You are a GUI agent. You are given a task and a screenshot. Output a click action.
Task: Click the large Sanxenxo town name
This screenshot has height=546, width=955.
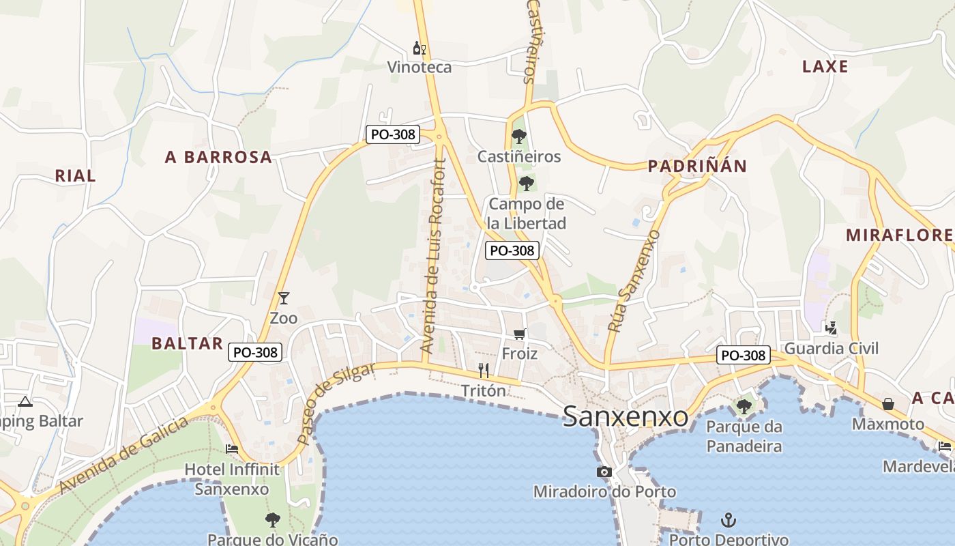point(626,416)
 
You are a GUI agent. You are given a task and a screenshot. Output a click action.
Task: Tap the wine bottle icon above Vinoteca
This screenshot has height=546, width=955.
point(420,48)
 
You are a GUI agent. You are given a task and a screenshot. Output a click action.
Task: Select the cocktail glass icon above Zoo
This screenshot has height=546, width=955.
point(284,298)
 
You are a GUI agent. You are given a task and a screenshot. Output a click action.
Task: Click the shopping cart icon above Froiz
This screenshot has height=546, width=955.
point(520,334)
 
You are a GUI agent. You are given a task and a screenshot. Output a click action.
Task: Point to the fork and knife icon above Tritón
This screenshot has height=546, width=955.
point(484,371)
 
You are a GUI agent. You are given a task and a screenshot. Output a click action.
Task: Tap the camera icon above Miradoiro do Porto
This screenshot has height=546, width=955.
point(604,472)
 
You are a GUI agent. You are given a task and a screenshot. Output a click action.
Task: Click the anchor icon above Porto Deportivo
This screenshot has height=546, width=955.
point(729,520)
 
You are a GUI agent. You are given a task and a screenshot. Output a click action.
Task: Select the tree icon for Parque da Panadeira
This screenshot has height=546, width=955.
point(744,407)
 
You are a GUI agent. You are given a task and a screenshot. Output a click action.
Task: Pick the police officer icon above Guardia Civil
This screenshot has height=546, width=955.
point(831,328)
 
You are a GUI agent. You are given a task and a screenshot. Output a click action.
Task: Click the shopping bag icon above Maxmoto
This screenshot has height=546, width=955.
point(888,404)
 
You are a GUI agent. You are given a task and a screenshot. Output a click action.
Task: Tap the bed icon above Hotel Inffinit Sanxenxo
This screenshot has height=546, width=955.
point(232,449)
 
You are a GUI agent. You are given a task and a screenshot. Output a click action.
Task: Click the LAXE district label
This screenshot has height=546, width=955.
point(825,67)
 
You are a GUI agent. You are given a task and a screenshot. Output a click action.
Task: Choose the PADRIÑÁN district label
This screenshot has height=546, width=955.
point(697,166)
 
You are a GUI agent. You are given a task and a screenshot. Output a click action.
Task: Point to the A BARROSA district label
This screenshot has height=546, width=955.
point(218,158)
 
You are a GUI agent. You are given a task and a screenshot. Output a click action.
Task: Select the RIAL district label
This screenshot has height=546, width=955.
point(75,175)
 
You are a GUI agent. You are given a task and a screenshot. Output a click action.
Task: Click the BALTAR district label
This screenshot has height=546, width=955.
point(188,343)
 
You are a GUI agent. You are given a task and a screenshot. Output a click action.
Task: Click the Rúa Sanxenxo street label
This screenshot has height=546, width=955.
point(634,281)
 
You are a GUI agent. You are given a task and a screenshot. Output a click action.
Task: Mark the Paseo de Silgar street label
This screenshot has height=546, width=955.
point(336,403)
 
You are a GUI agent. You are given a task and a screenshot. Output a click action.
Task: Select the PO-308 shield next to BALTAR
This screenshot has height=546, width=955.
point(255,352)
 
